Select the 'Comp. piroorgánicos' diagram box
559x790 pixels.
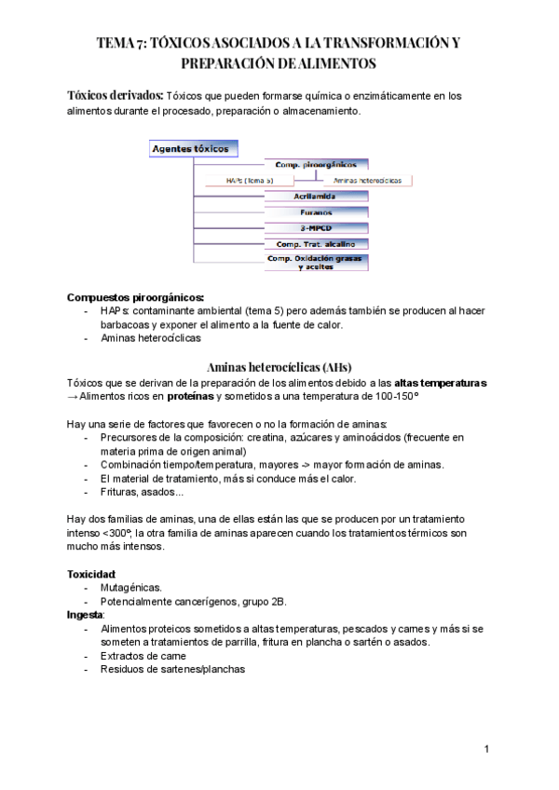tap(317, 164)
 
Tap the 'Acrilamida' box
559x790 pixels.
tap(317, 197)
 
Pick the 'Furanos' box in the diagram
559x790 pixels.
tap(317, 212)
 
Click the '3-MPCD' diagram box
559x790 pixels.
tap(317, 228)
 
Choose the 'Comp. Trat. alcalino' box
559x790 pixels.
tap(317, 244)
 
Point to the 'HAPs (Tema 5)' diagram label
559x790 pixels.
tap(249, 180)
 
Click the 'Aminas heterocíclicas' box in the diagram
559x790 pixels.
tap(367, 180)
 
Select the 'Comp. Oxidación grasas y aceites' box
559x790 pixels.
tap(317, 262)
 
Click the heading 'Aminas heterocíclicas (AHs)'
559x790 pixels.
tap(279, 366)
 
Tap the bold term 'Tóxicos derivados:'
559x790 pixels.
tap(115, 95)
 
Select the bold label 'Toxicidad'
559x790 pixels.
tap(91, 573)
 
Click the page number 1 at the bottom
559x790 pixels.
tap(487, 749)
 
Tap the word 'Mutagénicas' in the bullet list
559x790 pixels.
tap(131, 588)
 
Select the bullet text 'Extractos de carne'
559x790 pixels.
tap(144, 656)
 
